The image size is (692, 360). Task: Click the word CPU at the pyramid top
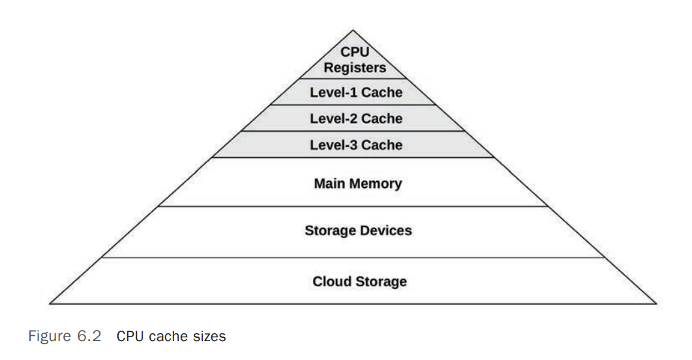(x=356, y=53)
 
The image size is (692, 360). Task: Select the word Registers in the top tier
(x=355, y=67)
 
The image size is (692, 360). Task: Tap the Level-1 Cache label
(x=356, y=93)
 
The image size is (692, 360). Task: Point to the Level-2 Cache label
(x=356, y=119)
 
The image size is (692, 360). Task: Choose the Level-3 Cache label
(x=356, y=144)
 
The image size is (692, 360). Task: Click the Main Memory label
(x=358, y=183)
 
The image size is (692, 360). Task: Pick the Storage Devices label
(x=358, y=230)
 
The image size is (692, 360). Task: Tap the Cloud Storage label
(x=359, y=282)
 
